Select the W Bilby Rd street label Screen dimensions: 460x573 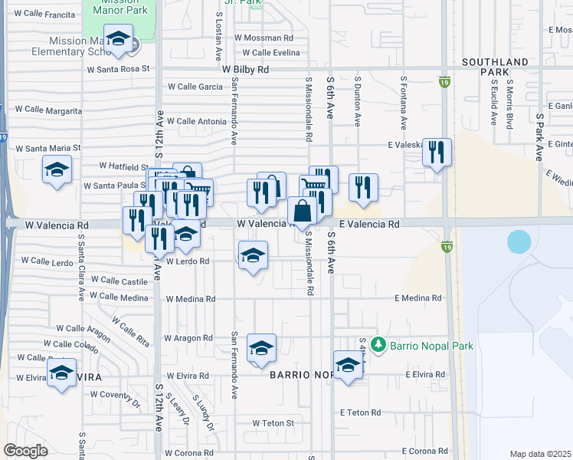(246, 69)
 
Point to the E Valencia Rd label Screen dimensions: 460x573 (369, 225)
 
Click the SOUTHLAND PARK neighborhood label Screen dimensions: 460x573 (494, 67)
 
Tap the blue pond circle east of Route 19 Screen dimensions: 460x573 (519, 242)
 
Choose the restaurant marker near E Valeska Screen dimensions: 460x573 (437, 152)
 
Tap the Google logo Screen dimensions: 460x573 (26, 450)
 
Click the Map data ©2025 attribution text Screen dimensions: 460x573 (541, 454)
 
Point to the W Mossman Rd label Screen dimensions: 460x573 (264, 37)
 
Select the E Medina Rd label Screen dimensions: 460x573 (418, 298)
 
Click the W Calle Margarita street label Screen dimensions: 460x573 (53, 110)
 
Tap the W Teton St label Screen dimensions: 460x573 (269, 422)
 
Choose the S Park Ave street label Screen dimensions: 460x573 (539, 137)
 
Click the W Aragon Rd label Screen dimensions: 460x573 (188, 338)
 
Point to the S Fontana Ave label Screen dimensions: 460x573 (403, 102)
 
